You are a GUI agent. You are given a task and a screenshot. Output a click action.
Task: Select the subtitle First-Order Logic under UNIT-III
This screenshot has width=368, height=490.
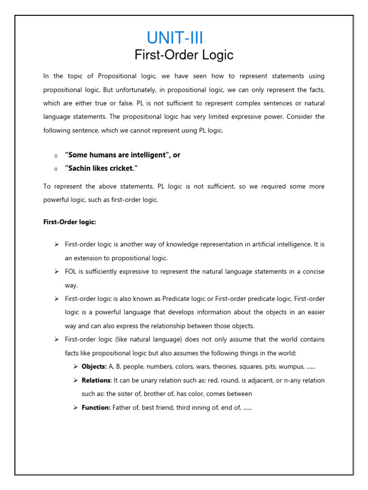(x=184, y=55)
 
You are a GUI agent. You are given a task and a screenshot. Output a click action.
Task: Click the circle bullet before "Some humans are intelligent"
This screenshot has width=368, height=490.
(x=56, y=156)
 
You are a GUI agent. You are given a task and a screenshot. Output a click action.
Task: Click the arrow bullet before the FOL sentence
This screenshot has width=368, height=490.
(x=56, y=272)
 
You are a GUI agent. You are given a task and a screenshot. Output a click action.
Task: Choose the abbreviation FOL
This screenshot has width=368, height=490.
(x=71, y=272)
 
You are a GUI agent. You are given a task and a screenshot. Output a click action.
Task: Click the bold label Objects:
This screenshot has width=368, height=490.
(x=94, y=367)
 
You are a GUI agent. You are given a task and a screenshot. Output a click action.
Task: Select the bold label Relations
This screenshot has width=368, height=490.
(x=96, y=380)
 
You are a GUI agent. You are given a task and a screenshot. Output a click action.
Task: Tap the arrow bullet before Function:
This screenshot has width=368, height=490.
(x=76, y=408)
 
